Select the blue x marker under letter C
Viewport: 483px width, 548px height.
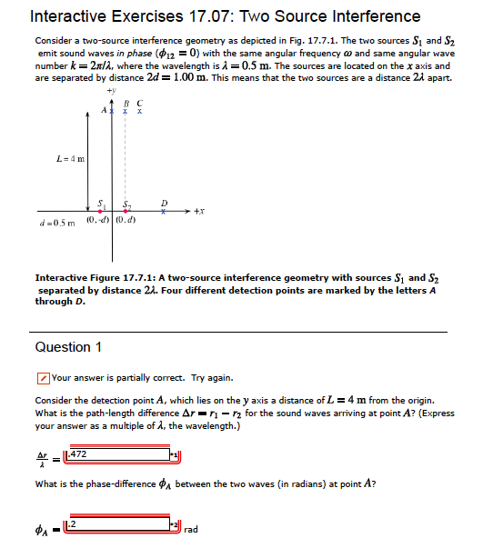tap(138, 112)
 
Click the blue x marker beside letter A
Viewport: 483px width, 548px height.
tap(111, 111)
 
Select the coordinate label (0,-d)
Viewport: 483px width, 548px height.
tap(96, 219)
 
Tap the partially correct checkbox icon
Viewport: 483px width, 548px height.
tap(43, 377)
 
